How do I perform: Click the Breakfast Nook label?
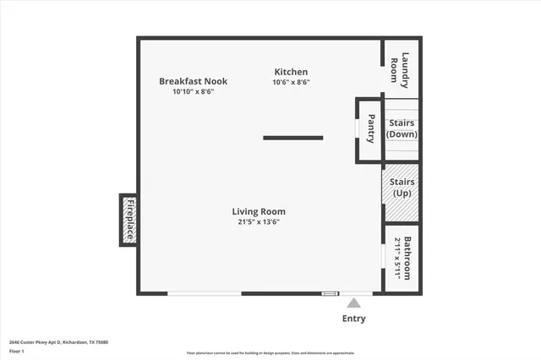pyautogui.click(x=193, y=81)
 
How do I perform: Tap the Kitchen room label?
pyautogui.click(x=291, y=72)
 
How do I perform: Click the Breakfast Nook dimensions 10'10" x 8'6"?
pyautogui.click(x=193, y=91)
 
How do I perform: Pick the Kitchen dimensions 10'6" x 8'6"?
pyautogui.click(x=291, y=82)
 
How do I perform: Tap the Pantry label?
pyautogui.click(x=370, y=130)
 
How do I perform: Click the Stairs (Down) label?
pyautogui.click(x=402, y=128)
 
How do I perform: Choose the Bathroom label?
pyautogui.click(x=407, y=259)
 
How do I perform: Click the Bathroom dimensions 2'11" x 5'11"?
pyautogui.click(x=397, y=259)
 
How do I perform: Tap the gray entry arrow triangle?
pyautogui.click(x=354, y=303)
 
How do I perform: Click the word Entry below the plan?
pyautogui.click(x=354, y=319)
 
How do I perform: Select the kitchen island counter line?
pyautogui.click(x=292, y=137)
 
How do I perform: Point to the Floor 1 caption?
pyautogui.click(x=17, y=351)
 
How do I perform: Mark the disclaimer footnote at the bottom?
pyautogui.click(x=270, y=353)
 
